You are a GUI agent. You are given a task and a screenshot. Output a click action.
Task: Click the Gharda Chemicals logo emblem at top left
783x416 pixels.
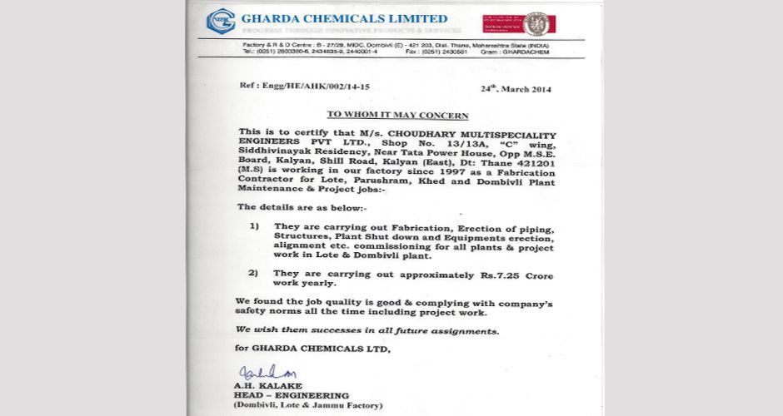point(221,20)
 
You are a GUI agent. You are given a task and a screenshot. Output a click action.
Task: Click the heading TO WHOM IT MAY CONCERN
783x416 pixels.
point(396,116)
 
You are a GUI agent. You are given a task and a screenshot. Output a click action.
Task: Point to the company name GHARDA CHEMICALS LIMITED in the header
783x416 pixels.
point(344,18)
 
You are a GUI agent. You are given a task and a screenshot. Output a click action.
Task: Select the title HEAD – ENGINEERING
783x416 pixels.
point(285,395)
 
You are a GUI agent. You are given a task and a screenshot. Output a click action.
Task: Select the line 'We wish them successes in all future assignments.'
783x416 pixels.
point(367,330)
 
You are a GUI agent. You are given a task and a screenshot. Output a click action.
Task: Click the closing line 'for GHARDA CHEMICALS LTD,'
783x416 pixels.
point(312,349)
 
